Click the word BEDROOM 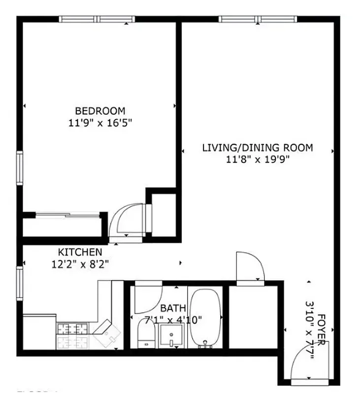(x=100, y=111)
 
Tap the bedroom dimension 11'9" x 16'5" (x=100, y=122)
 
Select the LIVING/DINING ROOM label (x=258, y=147)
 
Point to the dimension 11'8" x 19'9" (x=258, y=159)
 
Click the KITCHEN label (x=80, y=252)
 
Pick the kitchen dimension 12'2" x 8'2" (x=80, y=263)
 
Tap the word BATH (x=173, y=308)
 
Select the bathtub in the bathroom (x=205, y=318)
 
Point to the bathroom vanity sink (x=171, y=337)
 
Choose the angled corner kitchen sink (x=108, y=334)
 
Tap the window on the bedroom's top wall (x=97, y=19)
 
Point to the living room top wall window (x=258, y=19)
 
